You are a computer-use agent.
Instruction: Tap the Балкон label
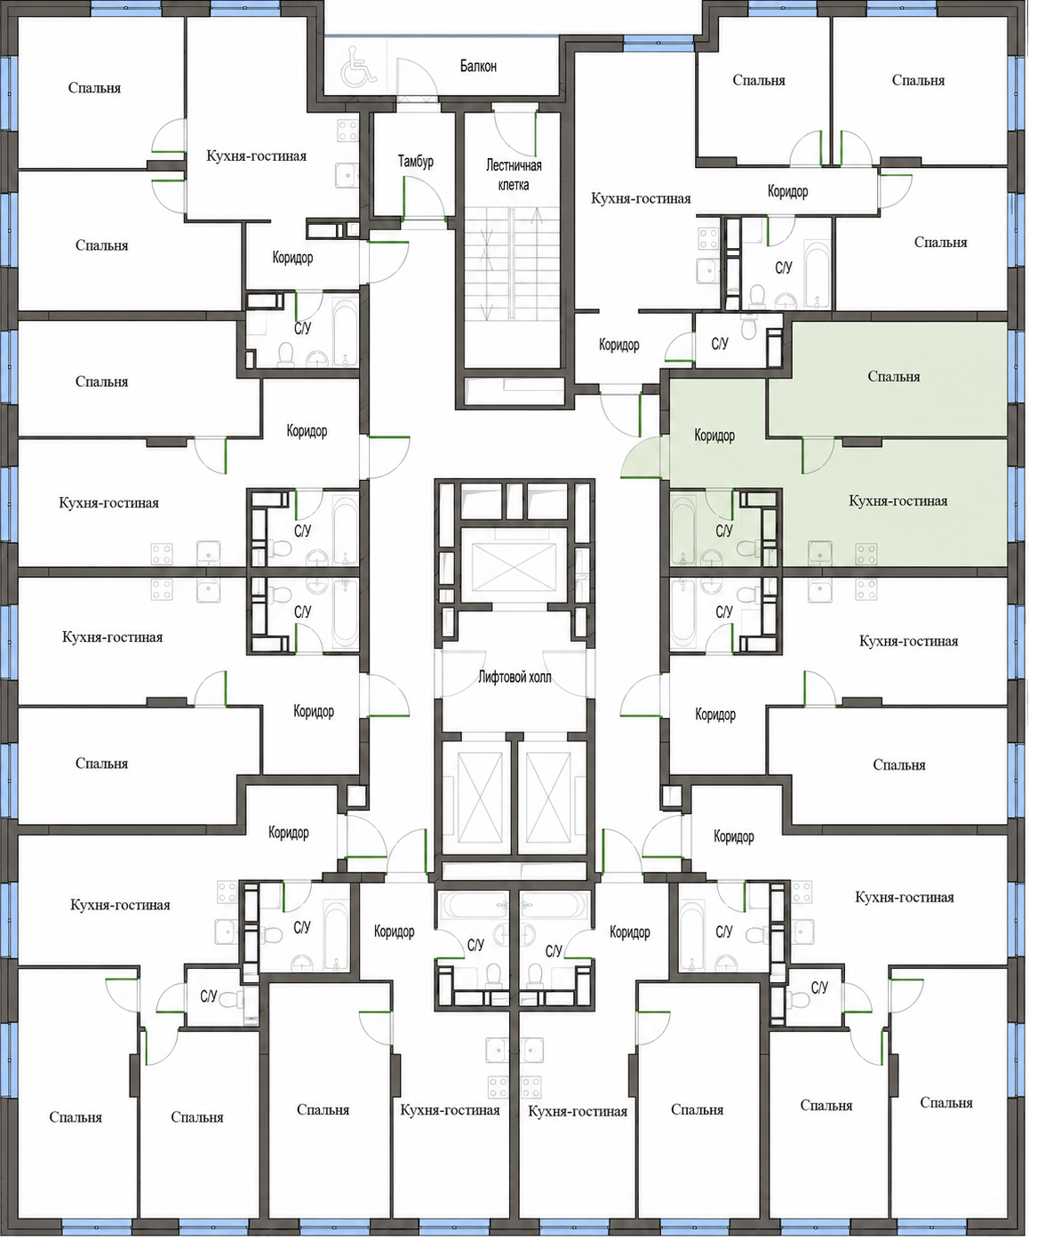tap(478, 66)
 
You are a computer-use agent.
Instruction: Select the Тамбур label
tap(415, 162)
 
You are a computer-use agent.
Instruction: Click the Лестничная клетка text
tap(514, 174)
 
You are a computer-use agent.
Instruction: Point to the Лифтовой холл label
tap(515, 677)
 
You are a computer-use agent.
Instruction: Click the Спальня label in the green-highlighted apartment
tap(894, 377)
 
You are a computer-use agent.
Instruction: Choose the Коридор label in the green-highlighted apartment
tap(714, 436)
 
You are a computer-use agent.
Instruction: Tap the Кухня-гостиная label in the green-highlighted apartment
tap(897, 500)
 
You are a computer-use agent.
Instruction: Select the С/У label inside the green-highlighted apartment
tap(724, 531)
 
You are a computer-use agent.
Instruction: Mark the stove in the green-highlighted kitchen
tap(865, 553)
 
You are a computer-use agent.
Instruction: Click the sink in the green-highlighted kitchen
tap(818, 553)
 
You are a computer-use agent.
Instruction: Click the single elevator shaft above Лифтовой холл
tap(514, 565)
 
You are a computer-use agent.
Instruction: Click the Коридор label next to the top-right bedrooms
tap(788, 191)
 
